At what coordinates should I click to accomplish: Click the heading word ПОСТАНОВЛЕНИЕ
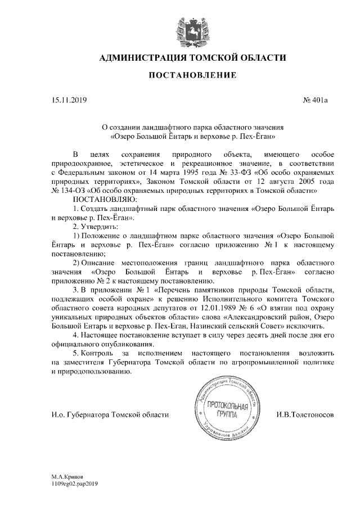(192, 75)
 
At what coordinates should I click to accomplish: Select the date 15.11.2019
(66, 101)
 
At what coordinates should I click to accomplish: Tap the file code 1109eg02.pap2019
(74, 483)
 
